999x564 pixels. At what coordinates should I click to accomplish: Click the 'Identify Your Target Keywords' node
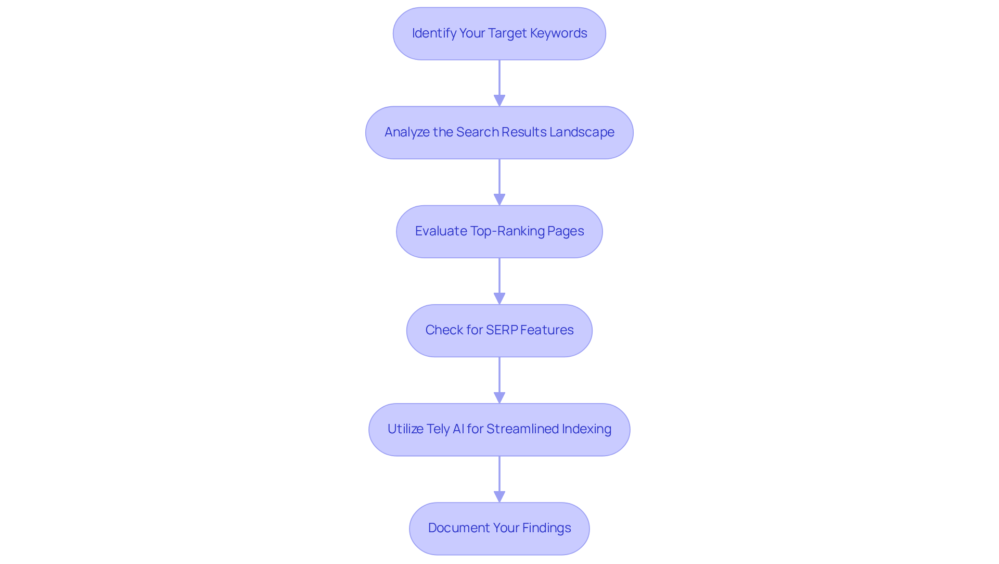pyautogui.click(x=499, y=34)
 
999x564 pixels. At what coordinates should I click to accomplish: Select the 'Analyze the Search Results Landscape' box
pyautogui.click(x=499, y=133)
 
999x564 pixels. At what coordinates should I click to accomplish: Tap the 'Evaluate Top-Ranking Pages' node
pyautogui.click(x=499, y=232)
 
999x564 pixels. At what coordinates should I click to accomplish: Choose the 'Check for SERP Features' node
pyautogui.click(x=499, y=331)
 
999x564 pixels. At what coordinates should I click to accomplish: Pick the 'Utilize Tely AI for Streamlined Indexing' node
pyautogui.click(x=499, y=430)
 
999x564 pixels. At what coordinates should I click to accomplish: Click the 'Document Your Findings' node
pyautogui.click(x=499, y=529)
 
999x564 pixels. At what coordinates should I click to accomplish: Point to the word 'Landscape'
pyautogui.click(x=582, y=132)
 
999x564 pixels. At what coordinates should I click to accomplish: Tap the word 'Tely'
pyautogui.click(x=438, y=429)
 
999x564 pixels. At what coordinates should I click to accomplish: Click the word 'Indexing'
pyautogui.click(x=586, y=429)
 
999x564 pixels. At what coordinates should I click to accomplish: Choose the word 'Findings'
pyautogui.click(x=546, y=528)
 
